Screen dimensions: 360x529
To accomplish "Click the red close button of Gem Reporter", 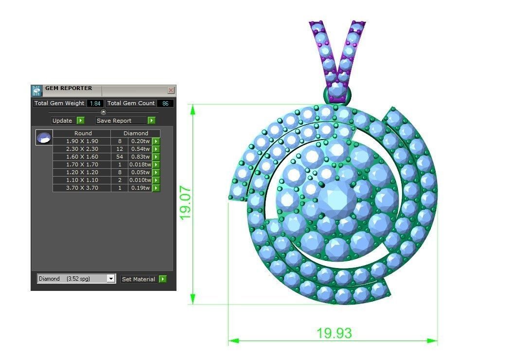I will click(171, 90).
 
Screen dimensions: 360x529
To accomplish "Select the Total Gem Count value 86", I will click(165, 103).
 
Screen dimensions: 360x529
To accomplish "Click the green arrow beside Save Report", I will click(152, 121).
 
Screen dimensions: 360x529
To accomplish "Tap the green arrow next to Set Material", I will click(162, 279).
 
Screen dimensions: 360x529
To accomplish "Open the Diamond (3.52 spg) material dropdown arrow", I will click(111, 279).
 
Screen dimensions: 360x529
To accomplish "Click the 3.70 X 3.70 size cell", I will click(82, 188).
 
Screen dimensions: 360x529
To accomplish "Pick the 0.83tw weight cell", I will click(141, 157).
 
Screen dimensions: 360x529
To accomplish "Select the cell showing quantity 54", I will click(120, 157).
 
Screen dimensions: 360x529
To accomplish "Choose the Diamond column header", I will click(136, 133).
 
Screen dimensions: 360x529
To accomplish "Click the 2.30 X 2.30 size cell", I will click(82, 149).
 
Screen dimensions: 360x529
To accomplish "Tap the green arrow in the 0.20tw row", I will click(156, 141).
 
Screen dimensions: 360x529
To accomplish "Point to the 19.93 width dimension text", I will click(334, 333).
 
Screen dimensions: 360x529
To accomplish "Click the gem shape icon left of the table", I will click(44, 137).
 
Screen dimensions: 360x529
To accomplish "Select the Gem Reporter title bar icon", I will click(37, 90).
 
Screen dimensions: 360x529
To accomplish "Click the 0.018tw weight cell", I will click(141, 164).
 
